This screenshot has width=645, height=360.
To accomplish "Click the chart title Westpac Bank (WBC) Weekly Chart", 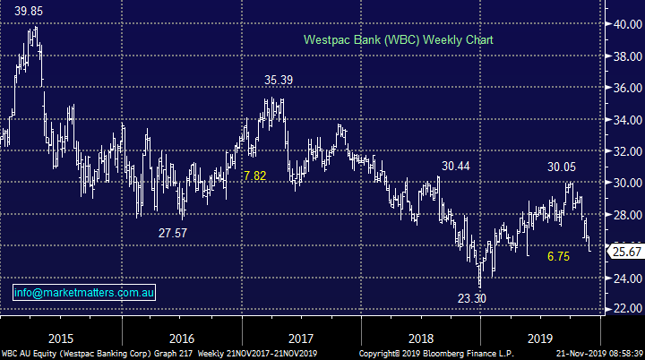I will coord(399,40).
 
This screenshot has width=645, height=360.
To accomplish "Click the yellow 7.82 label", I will coord(254,176).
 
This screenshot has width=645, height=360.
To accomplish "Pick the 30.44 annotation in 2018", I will coord(456,167).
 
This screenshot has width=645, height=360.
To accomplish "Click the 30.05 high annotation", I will coord(563,167).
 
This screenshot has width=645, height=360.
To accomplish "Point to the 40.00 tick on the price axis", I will coord(624,25).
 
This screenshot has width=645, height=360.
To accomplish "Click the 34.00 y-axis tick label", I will coord(624,120).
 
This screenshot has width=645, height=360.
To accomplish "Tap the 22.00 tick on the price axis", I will coord(624,309).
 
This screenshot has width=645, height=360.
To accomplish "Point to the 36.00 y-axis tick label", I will coord(624,89).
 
